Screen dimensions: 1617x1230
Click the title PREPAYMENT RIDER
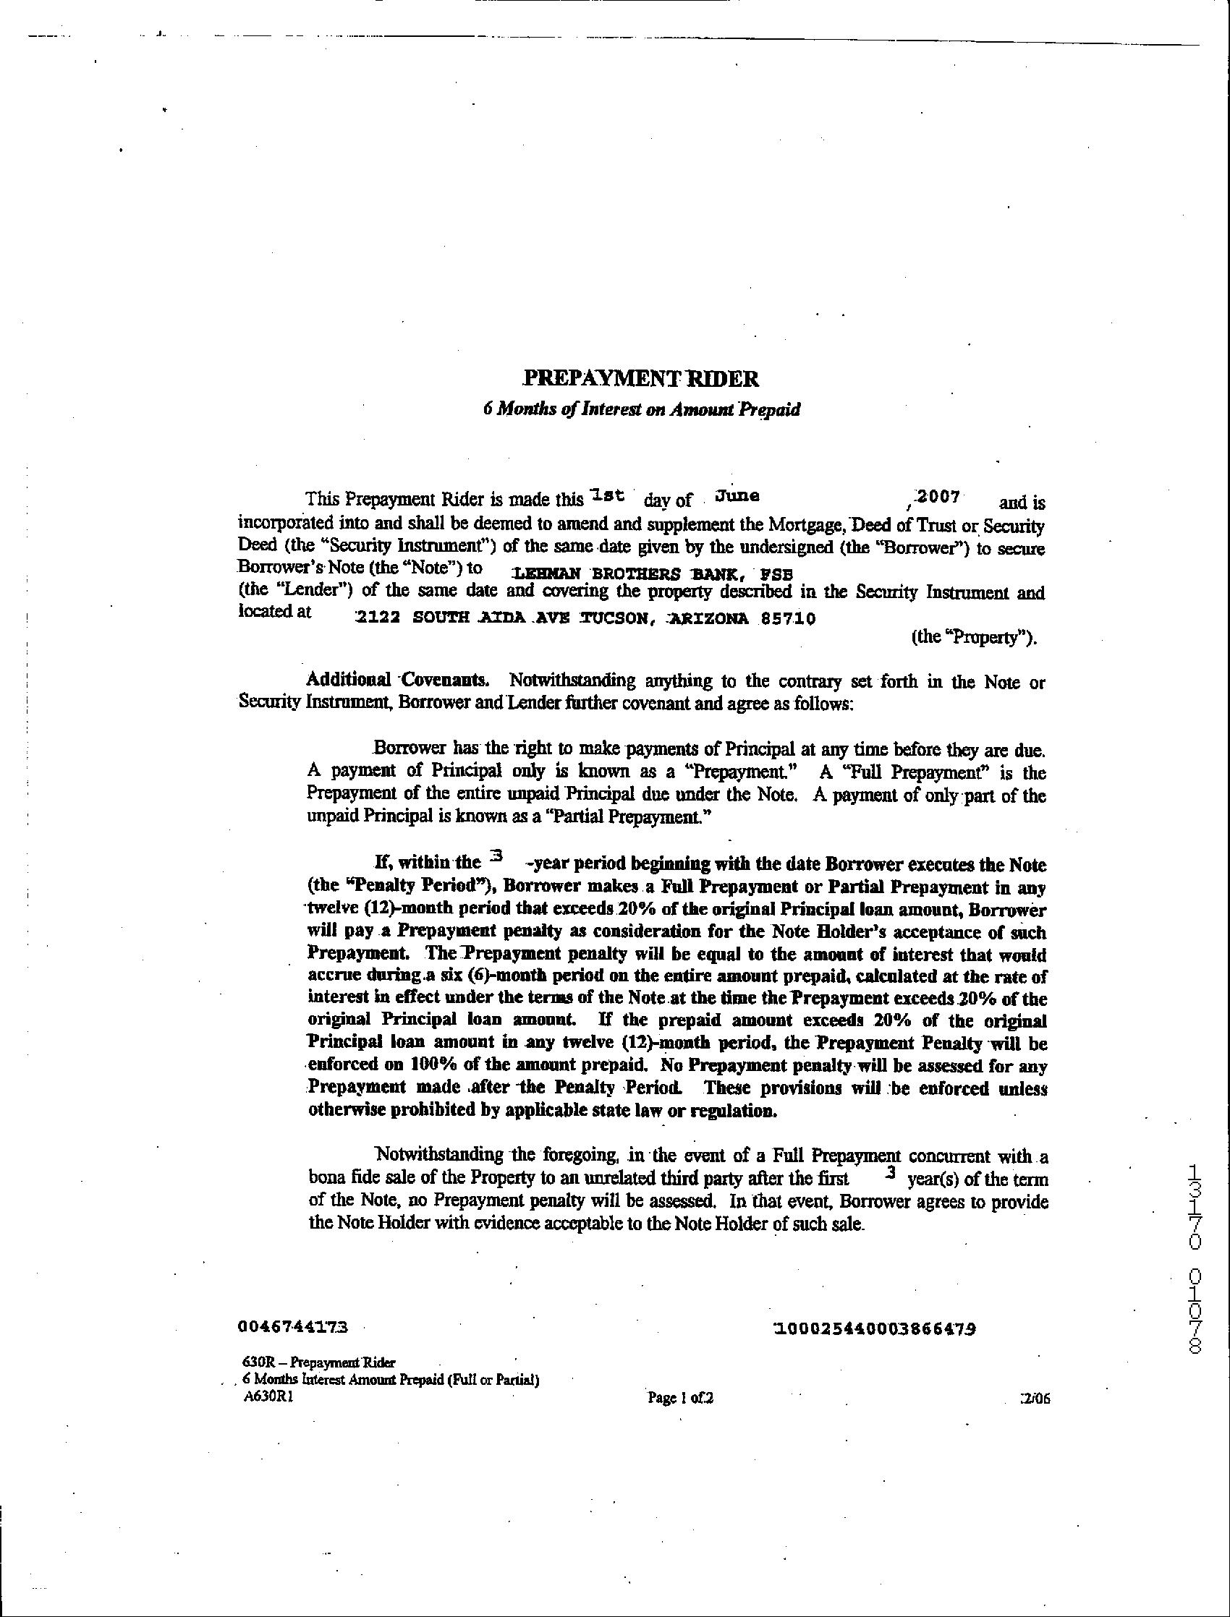click(640, 379)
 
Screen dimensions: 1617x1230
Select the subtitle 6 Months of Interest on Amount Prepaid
click(641, 409)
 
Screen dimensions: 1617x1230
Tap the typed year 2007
click(938, 497)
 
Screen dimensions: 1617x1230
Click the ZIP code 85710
click(788, 618)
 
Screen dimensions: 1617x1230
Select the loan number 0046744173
click(293, 1326)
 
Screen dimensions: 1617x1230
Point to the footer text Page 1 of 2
click(680, 1398)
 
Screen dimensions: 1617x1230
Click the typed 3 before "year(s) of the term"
click(890, 1172)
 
